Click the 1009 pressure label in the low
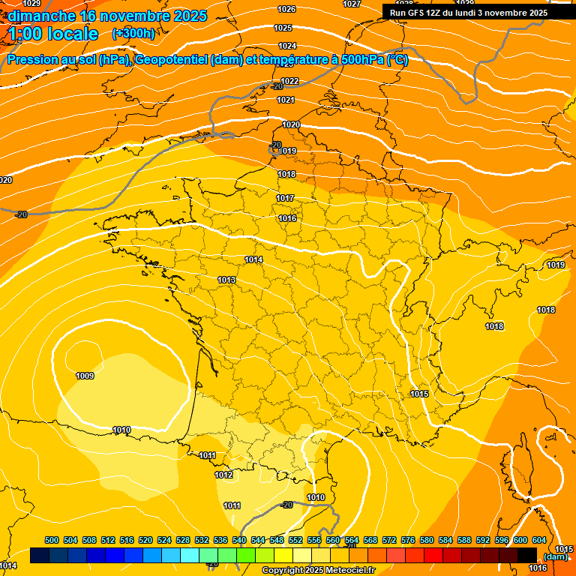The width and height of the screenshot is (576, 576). tap(85, 376)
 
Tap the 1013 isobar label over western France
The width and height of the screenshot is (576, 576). tap(227, 280)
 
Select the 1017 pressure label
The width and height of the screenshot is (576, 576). tap(285, 198)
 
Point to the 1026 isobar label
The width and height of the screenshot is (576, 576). tap(286, 9)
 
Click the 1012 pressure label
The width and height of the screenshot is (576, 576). tap(223, 475)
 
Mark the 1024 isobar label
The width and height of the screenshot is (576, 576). tap(287, 46)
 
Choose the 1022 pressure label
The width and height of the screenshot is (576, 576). tap(289, 81)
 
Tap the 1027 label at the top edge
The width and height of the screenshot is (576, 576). tap(351, 4)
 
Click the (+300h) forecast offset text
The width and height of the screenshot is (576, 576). tap(133, 34)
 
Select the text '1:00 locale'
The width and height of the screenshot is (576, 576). tap(54, 34)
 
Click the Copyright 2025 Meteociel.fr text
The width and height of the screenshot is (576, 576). tap(318, 570)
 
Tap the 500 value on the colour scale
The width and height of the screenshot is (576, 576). tap(52, 540)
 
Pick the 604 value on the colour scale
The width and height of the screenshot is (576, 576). tap(539, 540)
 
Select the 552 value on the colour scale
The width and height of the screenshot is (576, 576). tap(295, 540)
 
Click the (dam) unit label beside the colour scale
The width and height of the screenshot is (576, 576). tap(555, 556)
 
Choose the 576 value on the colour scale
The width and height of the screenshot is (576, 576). tap(408, 540)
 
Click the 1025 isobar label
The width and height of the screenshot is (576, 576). tap(283, 28)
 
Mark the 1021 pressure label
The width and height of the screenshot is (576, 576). tap(286, 100)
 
